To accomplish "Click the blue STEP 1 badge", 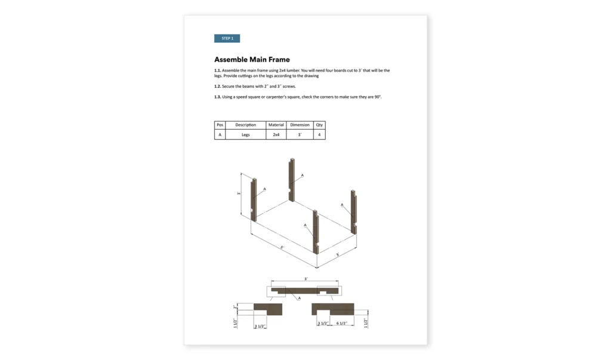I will pos(227,38).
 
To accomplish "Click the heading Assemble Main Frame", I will pos(252,60).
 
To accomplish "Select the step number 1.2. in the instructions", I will pos(218,87).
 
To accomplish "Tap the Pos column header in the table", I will pos(220,125).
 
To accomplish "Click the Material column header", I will pos(276,125).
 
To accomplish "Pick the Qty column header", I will pos(319,125).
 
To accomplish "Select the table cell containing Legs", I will pos(246,135).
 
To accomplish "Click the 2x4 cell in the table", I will pos(276,135).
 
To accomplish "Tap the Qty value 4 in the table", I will pos(319,135).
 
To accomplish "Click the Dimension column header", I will pos(300,125).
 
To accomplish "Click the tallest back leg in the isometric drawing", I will pos(292,179).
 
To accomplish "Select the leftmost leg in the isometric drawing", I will pos(253,199).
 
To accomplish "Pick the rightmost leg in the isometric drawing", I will pos(354,212).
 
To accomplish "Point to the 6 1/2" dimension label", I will pos(342,324).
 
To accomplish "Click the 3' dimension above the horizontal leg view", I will pos(306,279).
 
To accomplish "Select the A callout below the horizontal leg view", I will pos(299,297).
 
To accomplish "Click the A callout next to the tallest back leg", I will pos(302,175).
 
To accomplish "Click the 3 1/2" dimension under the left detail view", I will pos(260,327).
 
